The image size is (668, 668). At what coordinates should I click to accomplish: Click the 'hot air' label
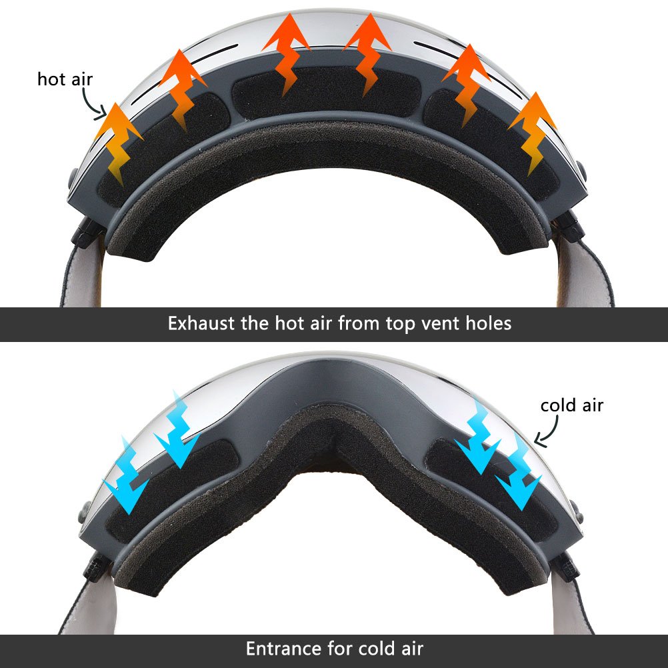[65, 79]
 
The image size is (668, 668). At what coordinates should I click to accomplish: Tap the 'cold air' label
[571, 405]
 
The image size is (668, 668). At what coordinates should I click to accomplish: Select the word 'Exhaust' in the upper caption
[201, 324]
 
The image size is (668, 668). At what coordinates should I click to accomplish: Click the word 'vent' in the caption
[440, 324]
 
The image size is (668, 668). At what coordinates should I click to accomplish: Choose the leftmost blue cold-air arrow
[129, 477]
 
